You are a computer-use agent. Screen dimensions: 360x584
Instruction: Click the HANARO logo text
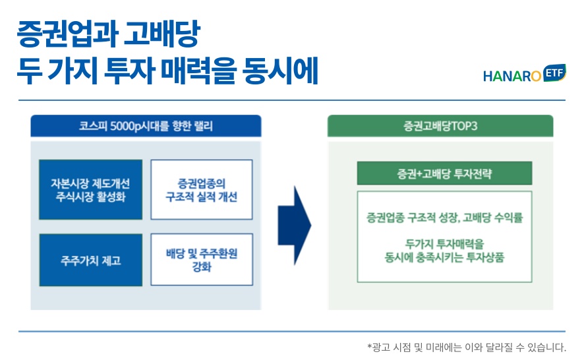pos(511,76)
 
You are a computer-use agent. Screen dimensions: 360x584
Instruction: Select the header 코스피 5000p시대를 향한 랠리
pos(146,125)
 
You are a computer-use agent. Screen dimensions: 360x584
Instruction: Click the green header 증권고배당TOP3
pos(440,125)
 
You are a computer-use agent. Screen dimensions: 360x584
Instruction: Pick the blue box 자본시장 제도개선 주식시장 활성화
pos(90,190)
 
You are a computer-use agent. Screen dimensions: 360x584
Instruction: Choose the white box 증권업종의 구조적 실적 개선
pos(202,190)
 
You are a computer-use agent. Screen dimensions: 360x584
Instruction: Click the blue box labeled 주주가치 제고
pos(90,260)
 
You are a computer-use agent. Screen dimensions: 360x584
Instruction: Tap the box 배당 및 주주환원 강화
pos(202,260)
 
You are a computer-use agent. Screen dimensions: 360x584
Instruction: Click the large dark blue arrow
pos(294,225)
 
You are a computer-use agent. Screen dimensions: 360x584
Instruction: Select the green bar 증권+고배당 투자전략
pos(444,174)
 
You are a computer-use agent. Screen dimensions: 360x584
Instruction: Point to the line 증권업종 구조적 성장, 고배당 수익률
pos(444,217)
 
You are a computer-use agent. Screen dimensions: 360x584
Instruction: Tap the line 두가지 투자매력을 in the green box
pos(444,244)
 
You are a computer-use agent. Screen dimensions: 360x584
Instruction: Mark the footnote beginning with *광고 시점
pos(467,346)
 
